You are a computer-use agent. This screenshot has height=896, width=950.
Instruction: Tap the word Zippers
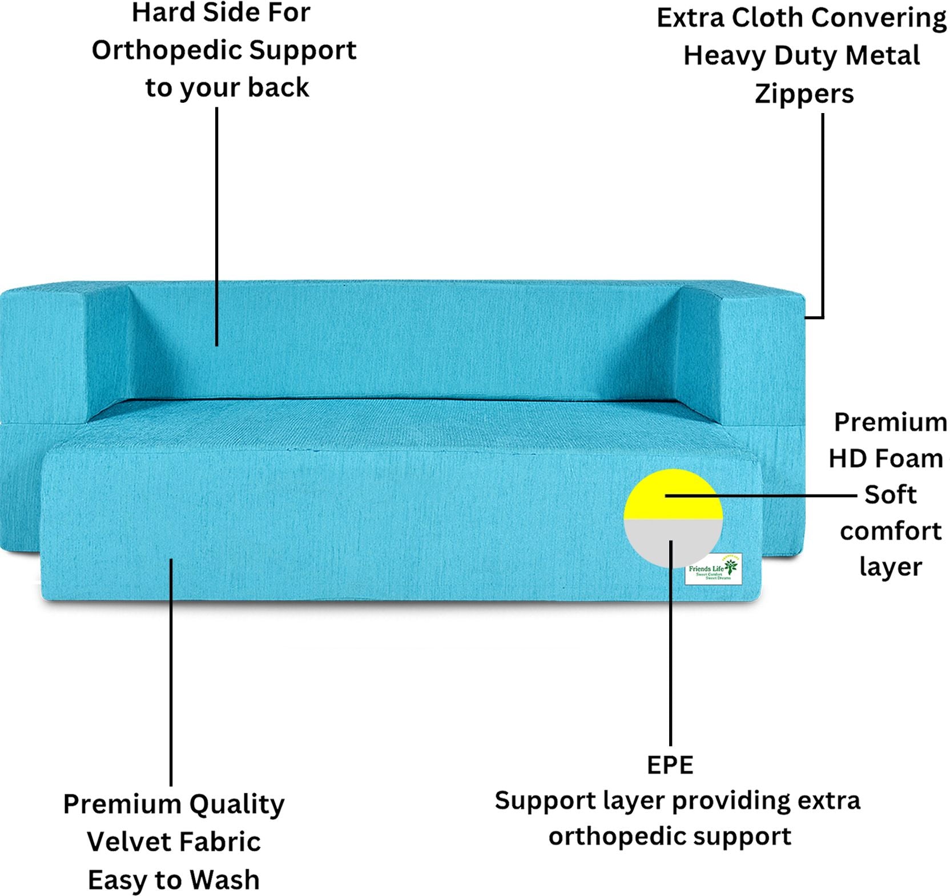804,94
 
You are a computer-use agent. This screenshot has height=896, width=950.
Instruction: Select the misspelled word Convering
878,18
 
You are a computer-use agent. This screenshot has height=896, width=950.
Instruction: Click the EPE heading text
670,765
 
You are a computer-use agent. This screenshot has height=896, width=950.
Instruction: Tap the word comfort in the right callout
890,531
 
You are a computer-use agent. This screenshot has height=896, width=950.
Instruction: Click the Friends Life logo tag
713,569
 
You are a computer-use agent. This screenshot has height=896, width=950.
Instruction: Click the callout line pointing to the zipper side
822,217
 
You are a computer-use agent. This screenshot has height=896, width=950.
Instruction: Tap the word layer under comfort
890,566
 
